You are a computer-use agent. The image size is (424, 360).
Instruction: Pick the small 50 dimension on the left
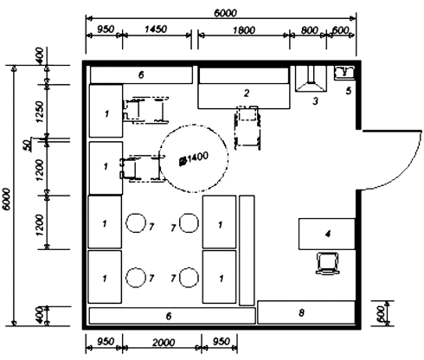point(27,141)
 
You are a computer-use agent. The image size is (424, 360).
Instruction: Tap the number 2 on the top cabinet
point(246,92)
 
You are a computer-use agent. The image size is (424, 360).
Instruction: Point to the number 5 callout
point(348,89)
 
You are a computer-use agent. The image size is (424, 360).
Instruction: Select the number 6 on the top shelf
point(141,74)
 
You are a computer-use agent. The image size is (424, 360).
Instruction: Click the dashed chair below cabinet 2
point(247,125)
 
